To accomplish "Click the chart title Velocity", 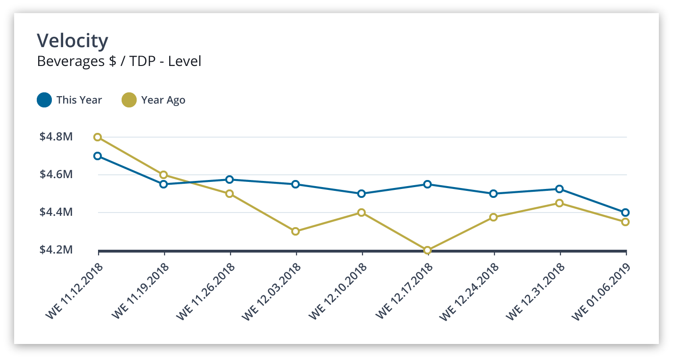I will tap(73, 41).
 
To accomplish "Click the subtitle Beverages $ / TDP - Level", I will tap(119, 61).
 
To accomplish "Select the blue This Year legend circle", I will tap(44, 100).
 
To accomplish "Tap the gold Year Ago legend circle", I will tap(129, 100).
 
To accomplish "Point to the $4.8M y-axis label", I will tap(56, 137).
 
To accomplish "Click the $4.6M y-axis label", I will tap(56, 175).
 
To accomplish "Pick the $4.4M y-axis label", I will tap(56, 212).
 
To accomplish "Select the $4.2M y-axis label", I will tap(56, 250).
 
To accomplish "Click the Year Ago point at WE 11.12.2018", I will tap(98, 137).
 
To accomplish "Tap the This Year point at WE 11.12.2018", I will tap(98, 156).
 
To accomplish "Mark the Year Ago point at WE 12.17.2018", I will tap(427, 250).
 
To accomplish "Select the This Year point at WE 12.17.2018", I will tap(427, 184).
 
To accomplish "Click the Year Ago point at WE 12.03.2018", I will tap(295, 231).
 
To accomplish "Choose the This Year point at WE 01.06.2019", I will tap(625, 213).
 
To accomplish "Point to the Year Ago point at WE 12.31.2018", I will tap(559, 203).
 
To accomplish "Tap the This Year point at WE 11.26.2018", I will tap(230, 180).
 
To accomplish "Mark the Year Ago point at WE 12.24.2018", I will tap(493, 217).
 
